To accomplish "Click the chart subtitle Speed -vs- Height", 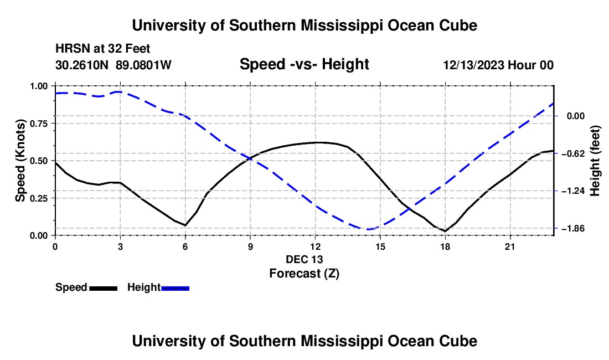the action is coord(304,64).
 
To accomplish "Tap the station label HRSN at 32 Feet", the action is coord(102,49).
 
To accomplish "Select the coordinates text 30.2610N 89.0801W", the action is coord(113,65).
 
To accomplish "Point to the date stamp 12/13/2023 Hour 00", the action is coord(498,65).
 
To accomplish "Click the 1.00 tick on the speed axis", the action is coord(39,86).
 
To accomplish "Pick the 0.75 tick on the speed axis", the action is coord(39,124).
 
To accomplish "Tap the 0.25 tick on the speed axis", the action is coord(39,198).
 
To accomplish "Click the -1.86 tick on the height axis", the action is coord(573,228).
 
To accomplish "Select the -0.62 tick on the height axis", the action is coord(573,153).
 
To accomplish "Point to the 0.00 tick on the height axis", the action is coord(576,116).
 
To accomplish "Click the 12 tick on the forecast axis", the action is coord(316,246).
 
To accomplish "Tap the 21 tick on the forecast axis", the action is coord(510,246).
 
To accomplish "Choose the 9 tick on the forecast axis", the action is coord(250,246).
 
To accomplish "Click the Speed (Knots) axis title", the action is coord(20,161).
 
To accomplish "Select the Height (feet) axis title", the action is coord(595,161).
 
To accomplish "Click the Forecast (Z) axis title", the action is coord(304,274).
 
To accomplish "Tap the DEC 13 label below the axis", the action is coord(304,259).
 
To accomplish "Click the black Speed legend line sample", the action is coord(104,288).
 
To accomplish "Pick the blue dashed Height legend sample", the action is coord(175,288).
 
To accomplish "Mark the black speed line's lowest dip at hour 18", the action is coord(445,231).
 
